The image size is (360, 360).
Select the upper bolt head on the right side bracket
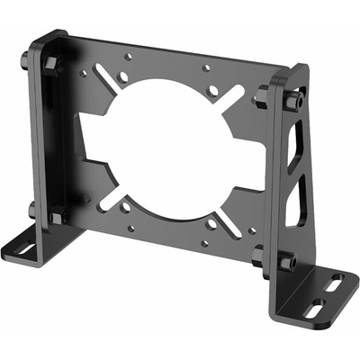(x=290, y=99)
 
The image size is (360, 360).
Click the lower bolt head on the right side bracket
(x=286, y=263)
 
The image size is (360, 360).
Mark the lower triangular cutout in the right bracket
(x=293, y=202)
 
